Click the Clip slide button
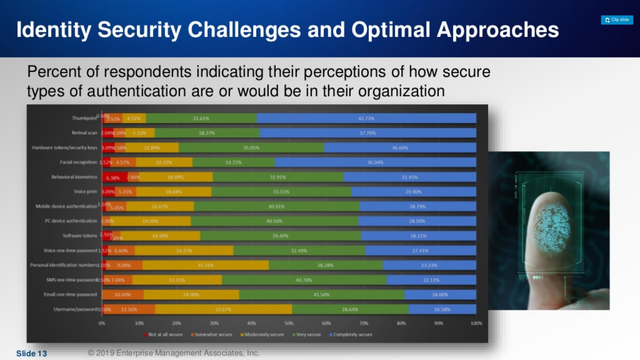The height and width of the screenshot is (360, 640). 617,20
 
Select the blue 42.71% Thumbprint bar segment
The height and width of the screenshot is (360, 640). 366,118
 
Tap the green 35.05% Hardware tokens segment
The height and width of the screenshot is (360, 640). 251,148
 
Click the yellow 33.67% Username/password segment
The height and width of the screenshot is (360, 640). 223,309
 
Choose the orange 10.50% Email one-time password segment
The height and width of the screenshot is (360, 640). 123,295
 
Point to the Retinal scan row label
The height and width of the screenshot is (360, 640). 84,133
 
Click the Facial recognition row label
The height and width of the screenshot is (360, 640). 78,162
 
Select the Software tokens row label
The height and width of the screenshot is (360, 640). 80,236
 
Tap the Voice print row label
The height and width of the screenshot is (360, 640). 85,192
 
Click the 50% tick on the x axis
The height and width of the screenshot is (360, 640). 289,323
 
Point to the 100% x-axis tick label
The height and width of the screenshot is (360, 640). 476,323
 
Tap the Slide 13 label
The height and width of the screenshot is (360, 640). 32,353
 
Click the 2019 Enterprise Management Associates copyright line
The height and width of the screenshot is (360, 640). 173,353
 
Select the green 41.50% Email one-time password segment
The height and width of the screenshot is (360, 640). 321,295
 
